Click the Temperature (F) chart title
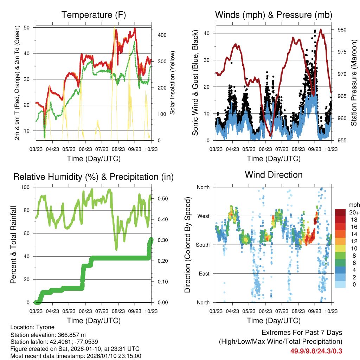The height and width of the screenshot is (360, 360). point(94,15)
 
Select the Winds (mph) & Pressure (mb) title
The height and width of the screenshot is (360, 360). point(274,15)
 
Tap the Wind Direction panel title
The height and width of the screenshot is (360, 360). point(274,175)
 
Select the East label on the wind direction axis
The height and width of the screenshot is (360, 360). point(204,274)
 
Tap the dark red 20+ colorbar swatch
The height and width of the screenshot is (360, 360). point(340,213)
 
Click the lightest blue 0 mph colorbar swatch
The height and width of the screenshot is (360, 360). point(340,285)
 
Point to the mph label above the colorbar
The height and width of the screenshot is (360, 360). point(353,205)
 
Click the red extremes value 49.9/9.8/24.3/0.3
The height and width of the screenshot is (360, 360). point(316,351)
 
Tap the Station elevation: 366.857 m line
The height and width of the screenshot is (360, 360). point(48,335)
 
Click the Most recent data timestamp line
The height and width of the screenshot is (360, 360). point(76,356)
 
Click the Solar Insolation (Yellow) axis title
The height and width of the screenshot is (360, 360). point(173,83)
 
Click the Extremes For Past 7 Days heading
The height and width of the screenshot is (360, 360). point(302,333)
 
